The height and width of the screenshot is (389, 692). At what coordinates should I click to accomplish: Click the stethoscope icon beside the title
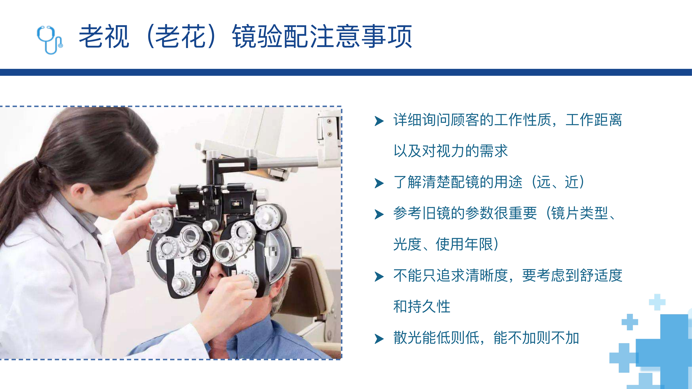point(49,40)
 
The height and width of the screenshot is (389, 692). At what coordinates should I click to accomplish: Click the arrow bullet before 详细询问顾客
point(379,121)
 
